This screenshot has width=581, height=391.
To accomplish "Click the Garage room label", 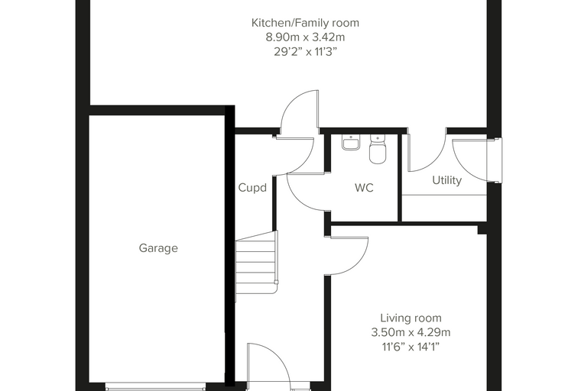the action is point(158,247).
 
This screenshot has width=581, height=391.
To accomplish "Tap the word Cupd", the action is point(252,188).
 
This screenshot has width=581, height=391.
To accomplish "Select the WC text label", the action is point(364,188).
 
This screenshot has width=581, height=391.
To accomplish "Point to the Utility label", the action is point(447,180).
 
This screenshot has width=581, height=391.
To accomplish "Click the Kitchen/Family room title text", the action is point(305,23).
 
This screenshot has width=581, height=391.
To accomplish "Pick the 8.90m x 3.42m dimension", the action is point(305,37).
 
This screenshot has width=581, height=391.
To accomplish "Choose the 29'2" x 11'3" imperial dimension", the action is point(305,51).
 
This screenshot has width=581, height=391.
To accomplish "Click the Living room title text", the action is point(411,318).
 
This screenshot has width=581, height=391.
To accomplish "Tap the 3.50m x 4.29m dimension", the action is point(411,332).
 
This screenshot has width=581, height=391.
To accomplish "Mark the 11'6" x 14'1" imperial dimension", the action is point(411,347).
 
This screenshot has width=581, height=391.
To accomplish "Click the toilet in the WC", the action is point(378,149).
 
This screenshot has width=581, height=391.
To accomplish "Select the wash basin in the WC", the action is point(351,142).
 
